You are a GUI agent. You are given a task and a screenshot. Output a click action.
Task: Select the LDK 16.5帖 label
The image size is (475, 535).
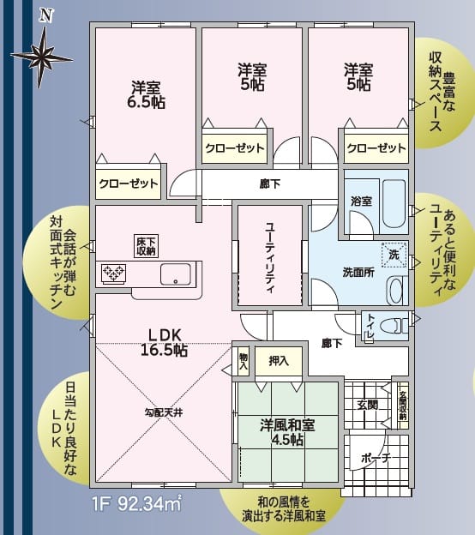(x=163, y=341)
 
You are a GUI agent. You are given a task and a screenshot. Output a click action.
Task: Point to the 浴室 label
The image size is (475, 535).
(x=361, y=201)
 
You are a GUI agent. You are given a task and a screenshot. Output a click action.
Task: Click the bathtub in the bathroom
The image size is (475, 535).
(x=394, y=202)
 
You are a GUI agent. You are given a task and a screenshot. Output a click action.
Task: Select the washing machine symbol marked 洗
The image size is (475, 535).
(x=394, y=255)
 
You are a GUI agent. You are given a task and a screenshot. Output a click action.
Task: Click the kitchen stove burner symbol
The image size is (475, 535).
(x=114, y=274)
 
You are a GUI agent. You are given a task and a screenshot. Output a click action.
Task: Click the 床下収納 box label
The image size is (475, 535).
(x=145, y=246)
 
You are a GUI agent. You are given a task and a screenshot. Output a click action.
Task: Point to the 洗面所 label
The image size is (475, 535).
(x=359, y=272)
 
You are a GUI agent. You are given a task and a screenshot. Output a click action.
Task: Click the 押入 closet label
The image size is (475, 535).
(x=278, y=361)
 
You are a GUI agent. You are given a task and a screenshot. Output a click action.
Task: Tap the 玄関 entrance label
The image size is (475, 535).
(x=367, y=404)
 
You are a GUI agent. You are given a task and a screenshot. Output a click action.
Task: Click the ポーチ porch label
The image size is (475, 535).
(x=375, y=459)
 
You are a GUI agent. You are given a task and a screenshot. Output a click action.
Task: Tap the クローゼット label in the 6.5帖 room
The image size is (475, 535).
(x=128, y=183)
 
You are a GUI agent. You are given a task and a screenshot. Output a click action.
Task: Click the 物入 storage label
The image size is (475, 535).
(x=244, y=361)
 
